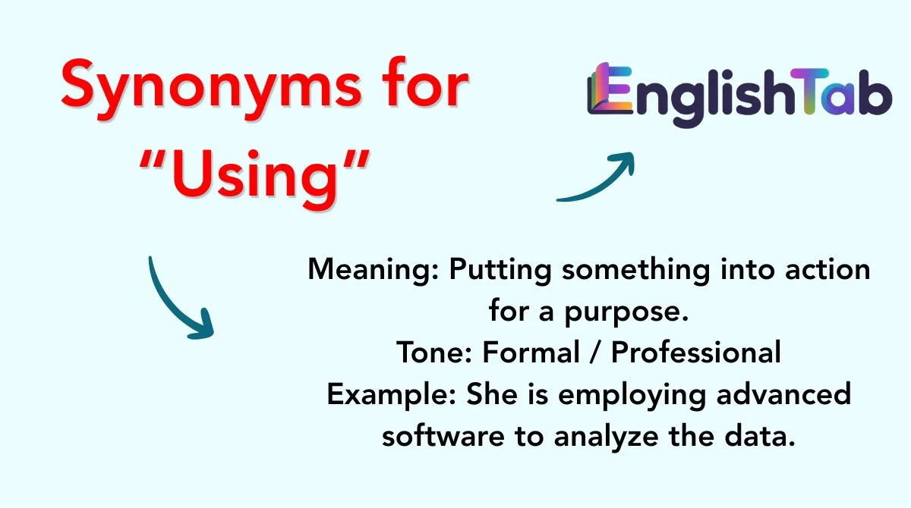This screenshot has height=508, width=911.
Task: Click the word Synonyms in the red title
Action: pos(211,89)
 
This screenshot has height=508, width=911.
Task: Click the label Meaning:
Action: pos(374,271)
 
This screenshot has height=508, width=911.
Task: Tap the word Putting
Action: pos(500,271)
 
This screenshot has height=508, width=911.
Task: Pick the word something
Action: pos(636,271)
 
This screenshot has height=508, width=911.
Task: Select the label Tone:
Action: pos(434,353)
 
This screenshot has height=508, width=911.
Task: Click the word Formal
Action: pos(531,353)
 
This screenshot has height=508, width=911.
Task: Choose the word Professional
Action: pos(696,353)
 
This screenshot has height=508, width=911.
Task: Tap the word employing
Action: pos(632,396)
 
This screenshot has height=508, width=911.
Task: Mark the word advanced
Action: pos(783,394)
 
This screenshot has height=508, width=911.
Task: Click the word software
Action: pos(443,436)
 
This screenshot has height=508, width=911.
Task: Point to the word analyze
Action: pos(607,437)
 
